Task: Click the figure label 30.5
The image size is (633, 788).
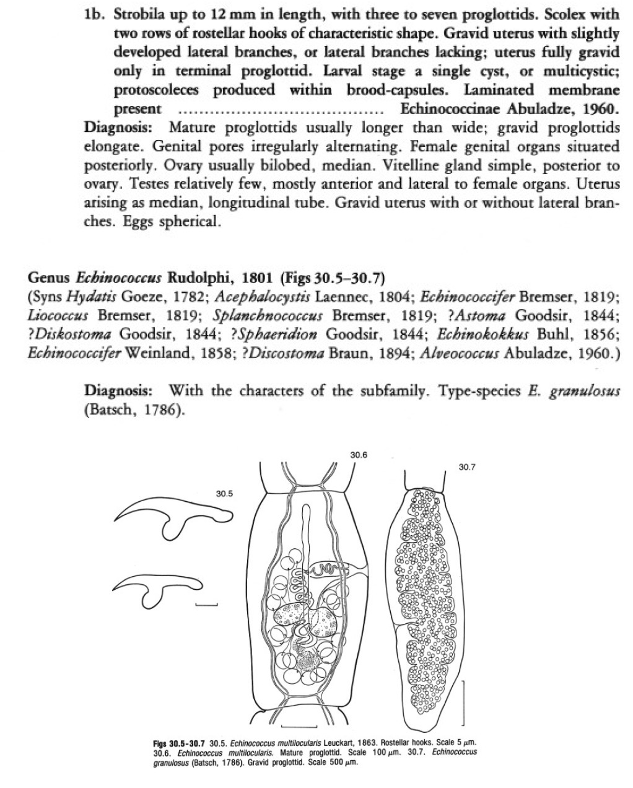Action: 224,494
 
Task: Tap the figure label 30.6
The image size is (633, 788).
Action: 359,455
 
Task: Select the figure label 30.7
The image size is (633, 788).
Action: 467,466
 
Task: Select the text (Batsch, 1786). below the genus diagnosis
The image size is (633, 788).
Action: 134,411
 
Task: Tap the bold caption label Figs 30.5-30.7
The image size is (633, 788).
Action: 179,742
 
